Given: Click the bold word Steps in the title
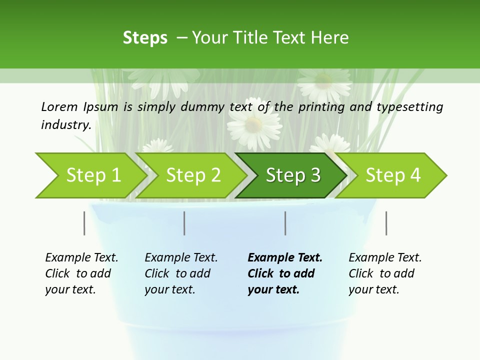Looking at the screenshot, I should pos(145,38).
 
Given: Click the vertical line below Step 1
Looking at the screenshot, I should pos(84,223).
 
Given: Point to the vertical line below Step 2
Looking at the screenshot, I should pos(184,223).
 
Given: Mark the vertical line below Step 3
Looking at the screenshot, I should pos(285,223).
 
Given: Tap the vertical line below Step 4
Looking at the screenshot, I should pos(386,223).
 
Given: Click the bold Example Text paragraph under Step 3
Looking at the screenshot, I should pos(284,273).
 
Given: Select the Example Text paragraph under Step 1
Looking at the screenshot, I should pos(81,273).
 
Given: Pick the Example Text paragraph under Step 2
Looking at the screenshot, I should pos(181,273).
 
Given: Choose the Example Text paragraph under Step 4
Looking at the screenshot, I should pos(385,273).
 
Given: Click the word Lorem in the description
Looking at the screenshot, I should pos(59,107).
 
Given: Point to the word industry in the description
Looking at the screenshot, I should pos(66,125).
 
